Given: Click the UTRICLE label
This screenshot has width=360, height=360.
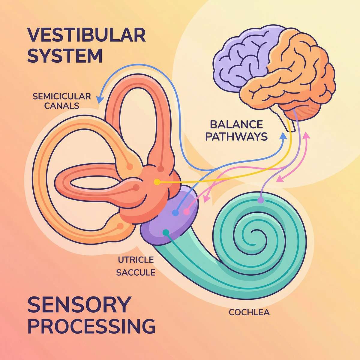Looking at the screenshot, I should coord(136,260).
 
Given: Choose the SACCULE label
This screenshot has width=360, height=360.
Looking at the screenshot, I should coord(136,272).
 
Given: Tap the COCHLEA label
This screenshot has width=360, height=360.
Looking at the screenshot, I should coord(249,313).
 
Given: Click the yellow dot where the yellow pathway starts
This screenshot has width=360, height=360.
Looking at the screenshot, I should coord(156,182).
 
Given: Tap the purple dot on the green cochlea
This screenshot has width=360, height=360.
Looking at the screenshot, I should coord(260,200).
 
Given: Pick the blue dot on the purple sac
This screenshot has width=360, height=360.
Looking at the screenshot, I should coord(175,213).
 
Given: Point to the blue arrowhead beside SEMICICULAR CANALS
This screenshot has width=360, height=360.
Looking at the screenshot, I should coord(99,98).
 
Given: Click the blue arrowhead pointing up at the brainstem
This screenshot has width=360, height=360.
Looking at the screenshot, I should coord(282,136).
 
